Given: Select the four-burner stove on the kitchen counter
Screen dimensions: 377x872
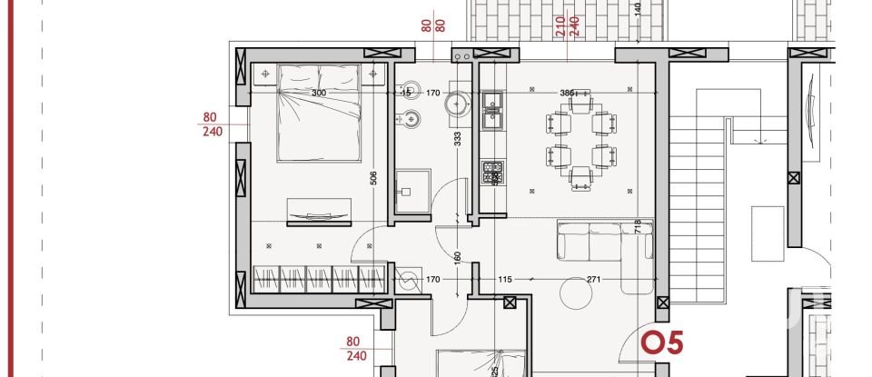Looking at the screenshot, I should coord(493,171).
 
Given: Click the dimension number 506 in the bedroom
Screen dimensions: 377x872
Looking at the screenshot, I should coord(373,177).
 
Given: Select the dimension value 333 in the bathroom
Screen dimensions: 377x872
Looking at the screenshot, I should coord(457,138).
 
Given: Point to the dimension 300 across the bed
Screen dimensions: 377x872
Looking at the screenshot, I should coord(318,93).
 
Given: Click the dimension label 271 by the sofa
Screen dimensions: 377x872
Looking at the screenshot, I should coord(595,280).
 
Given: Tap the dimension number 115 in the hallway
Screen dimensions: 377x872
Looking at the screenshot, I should coord(506,280).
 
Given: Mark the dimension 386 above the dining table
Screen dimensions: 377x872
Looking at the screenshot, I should coord(566,93).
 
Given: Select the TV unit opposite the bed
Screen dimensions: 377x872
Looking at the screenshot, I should coord(318,212).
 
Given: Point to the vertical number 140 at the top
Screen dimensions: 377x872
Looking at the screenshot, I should coord(639,11).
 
